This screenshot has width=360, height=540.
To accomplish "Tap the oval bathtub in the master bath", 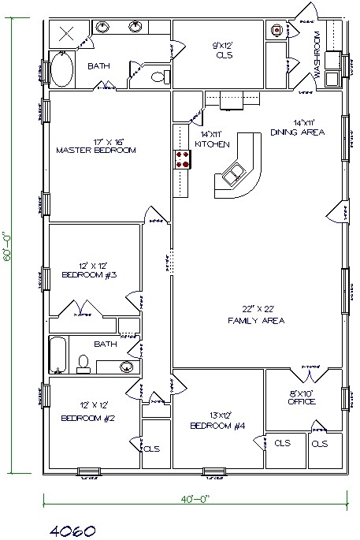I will pyautogui.click(x=61, y=69).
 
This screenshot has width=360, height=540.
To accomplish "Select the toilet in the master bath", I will pyautogui.click(x=159, y=76).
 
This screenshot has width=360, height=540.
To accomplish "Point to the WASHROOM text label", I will pyautogui.click(x=317, y=54).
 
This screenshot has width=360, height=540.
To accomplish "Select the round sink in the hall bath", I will pyautogui.click(x=126, y=366).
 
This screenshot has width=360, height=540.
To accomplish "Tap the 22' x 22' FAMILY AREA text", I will pyautogui.click(x=255, y=315).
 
